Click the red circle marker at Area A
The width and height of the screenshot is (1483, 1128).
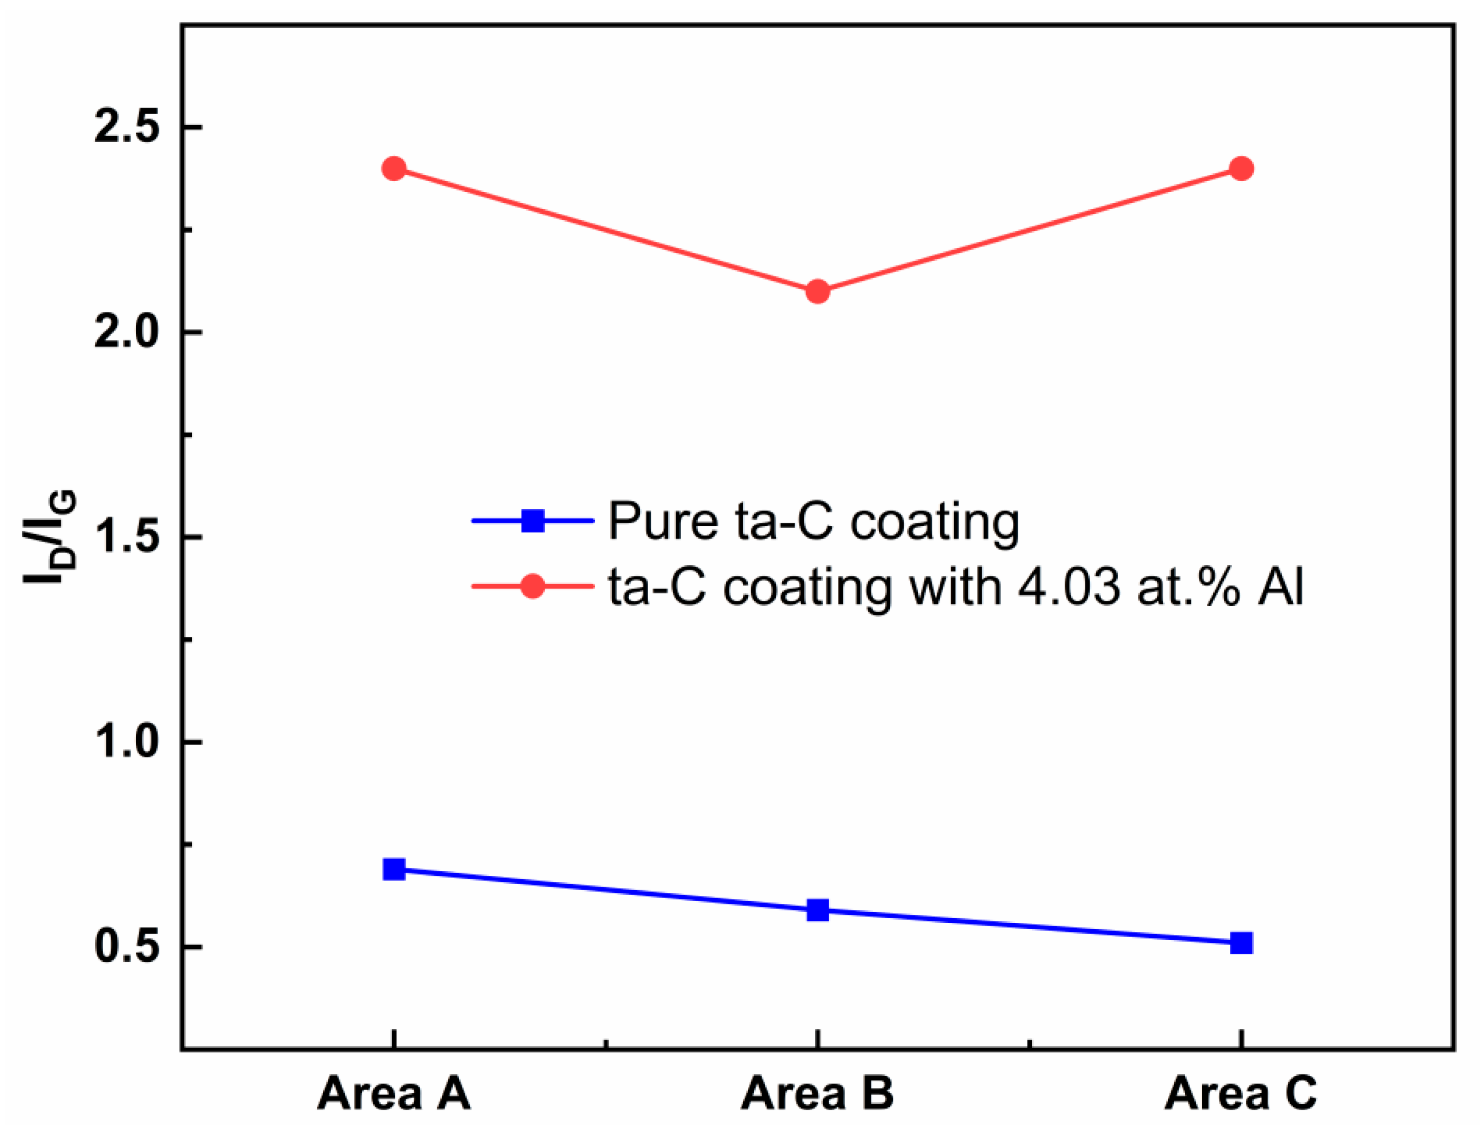394,169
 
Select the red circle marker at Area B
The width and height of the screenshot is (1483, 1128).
817,291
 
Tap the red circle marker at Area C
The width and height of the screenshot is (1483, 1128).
1241,169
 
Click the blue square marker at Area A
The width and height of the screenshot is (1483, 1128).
394,869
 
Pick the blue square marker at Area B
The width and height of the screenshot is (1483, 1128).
817,910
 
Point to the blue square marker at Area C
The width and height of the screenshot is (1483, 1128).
1241,943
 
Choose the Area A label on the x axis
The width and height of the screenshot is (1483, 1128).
394,1093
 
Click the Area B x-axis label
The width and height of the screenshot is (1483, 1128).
817,1093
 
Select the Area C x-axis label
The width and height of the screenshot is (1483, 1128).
1241,1093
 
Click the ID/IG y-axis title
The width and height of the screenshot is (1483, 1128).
51,537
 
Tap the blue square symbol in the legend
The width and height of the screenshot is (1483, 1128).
533,520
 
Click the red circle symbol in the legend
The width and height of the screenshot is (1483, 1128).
533,586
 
